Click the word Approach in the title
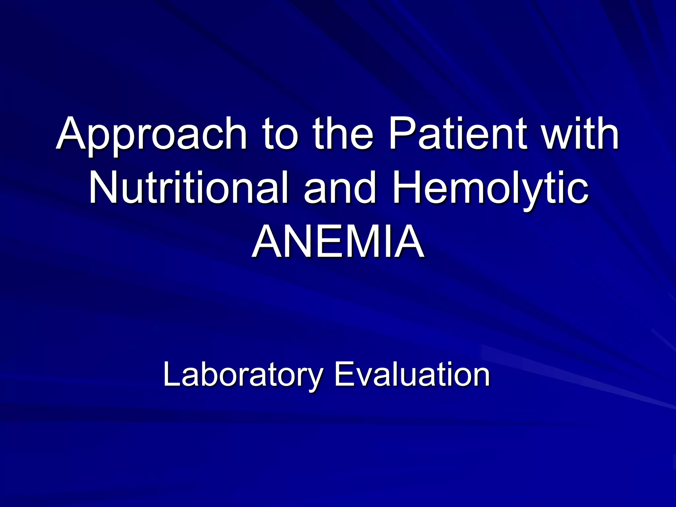(152, 135)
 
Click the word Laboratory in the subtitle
(243, 375)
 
